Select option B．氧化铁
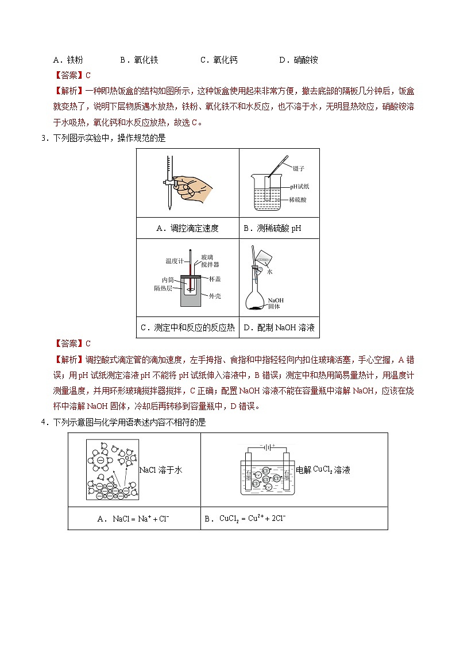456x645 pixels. tap(139, 60)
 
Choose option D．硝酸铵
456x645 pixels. tap(298, 60)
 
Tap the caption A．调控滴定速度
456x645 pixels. tap(187, 228)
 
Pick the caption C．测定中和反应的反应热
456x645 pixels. tap(187, 327)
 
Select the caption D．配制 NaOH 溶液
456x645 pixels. tap(279, 327)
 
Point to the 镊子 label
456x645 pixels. tap(298, 168)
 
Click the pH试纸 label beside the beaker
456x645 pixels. tap(299, 187)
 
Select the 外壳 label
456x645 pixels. tap(215, 296)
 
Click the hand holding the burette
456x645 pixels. tap(192, 185)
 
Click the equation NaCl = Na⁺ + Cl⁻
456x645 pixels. tap(133, 519)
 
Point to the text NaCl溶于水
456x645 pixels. tap(161, 470)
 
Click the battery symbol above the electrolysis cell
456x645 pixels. tap(268, 446)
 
